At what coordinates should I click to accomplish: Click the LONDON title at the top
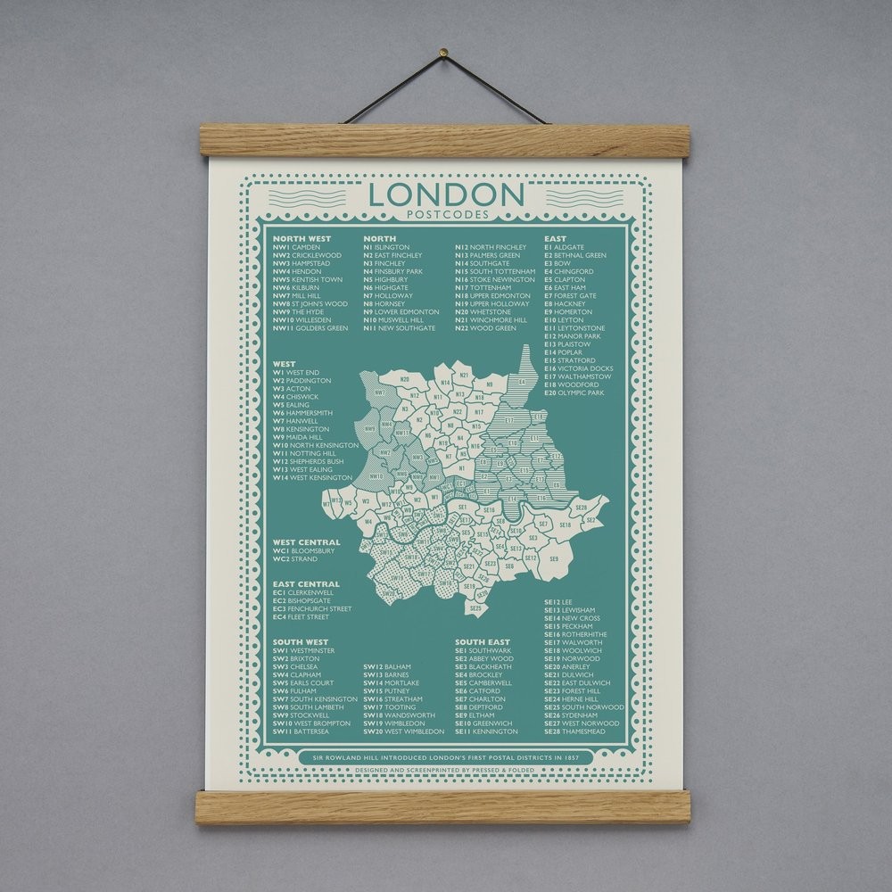(446, 194)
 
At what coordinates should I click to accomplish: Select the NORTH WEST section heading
(301, 239)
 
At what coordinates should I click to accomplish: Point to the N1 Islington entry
(386, 247)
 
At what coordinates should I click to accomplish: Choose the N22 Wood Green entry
(486, 328)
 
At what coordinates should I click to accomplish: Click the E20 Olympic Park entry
(575, 392)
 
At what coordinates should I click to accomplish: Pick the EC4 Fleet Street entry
(301, 616)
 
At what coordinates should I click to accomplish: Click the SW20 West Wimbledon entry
(403, 731)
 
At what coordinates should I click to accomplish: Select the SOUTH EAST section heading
(483, 642)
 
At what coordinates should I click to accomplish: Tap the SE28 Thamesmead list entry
(579, 731)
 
